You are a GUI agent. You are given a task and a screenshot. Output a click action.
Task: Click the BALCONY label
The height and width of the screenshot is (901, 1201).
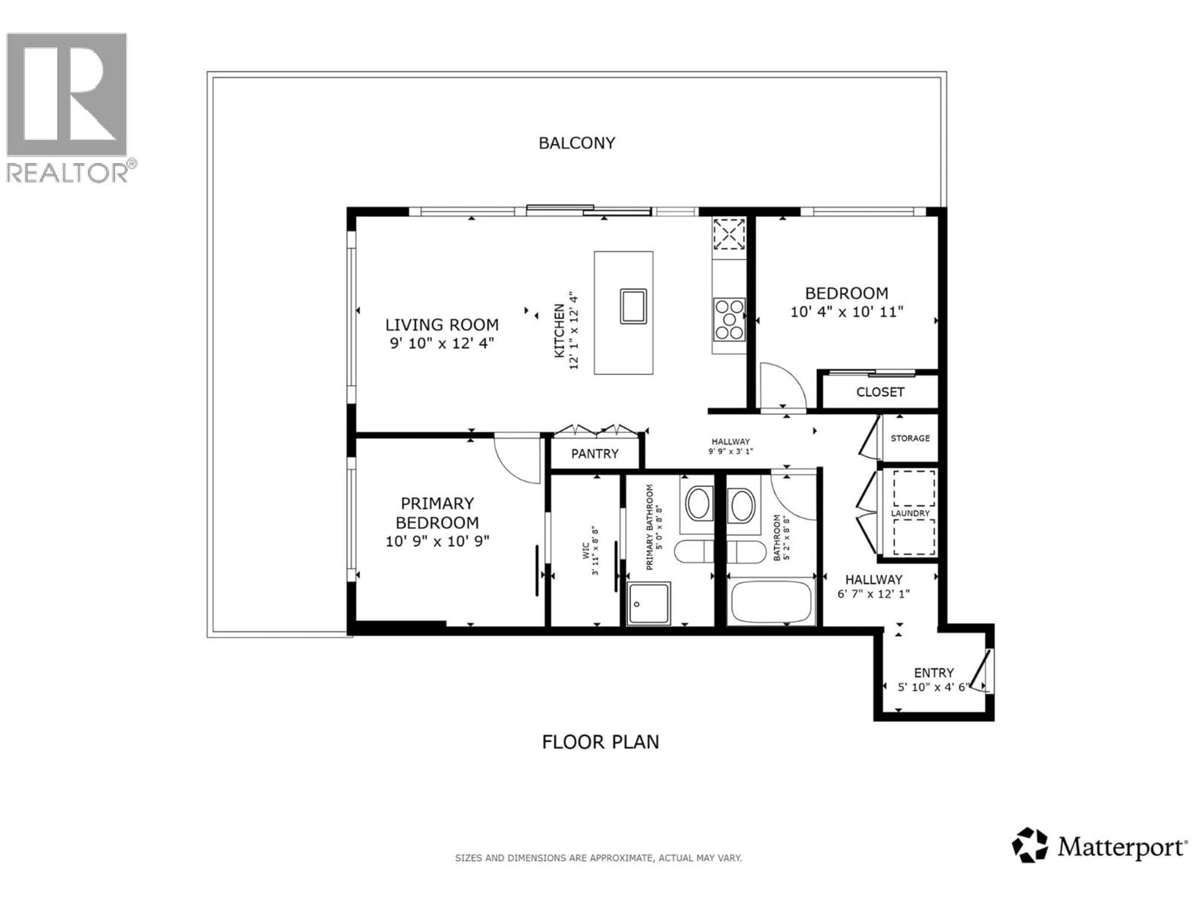coord(577,143)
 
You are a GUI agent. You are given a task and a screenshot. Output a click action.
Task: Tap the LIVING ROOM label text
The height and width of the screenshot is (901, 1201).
coord(442,325)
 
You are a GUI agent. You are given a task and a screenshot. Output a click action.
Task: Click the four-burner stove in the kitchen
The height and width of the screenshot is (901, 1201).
coord(729,320)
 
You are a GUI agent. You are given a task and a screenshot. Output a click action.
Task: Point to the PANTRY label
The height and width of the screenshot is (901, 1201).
coord(595,454)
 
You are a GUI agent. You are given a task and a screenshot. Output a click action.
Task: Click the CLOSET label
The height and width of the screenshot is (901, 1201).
coord(880,392)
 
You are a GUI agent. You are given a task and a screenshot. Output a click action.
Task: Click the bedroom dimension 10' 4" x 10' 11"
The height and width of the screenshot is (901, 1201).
coord(846,312)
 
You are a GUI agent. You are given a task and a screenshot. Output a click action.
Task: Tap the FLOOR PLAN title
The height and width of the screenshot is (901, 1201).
coord(600,742)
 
